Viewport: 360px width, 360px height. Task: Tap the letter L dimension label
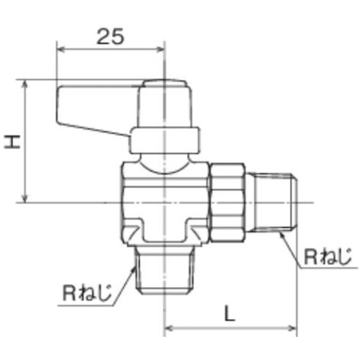point(228,314)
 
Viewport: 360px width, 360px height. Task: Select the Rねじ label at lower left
point(86,293)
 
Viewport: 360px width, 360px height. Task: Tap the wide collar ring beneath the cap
point(165,140)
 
